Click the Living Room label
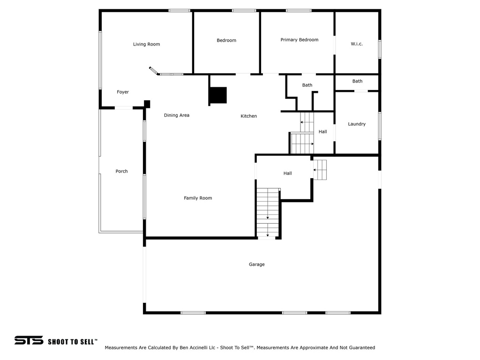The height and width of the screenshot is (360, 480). click(x=146, y=45)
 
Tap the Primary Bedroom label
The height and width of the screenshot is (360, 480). click(x=299, y=40)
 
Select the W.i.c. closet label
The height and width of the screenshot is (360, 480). click(x=357, y=44)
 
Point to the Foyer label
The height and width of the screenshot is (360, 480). click(x=123, y=92)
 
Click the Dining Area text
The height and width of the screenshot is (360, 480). click(x=177, y=115)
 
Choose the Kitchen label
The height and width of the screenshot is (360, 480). click(x=248, y=116)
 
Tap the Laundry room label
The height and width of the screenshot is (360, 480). click(x=357, y=124)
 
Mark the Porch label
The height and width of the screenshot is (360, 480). click(x=121, y=172)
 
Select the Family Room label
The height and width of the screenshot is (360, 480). click(x=198, y=198)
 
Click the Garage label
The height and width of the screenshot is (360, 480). click(x=256, y=265)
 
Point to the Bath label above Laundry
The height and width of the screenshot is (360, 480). click(x=357, y=82)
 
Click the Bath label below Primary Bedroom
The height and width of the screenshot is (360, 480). click(x=307, y=85)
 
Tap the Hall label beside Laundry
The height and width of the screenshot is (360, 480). click(x=323, y=132)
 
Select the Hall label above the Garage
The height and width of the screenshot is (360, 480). click(x=287, y=173)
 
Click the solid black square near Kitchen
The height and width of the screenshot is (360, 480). click(x=218, y=95)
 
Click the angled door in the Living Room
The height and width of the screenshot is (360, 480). click(x=154, y=71)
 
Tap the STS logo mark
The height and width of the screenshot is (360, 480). click(x=29, y=340)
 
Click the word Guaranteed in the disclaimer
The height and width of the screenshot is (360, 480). click(x=360, y=348)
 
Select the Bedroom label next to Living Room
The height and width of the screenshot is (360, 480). click(x=226, y=41)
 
